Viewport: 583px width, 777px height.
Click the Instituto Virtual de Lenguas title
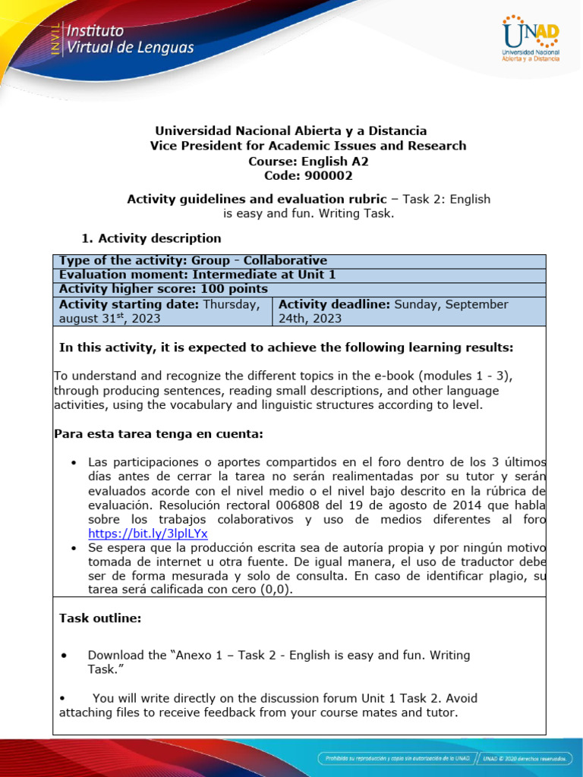pos(130,40)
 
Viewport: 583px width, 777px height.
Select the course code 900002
pos(308,175)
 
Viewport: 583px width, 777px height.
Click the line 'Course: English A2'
pos(308,161)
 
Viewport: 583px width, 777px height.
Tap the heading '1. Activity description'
pos(151,238)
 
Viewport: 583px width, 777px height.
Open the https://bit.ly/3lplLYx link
pos(148,533)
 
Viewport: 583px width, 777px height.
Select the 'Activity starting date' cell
pos(161,311)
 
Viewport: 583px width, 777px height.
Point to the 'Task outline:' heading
pos(100,618)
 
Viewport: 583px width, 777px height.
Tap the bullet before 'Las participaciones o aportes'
pos(74,462)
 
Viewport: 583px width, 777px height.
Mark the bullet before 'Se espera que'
pos(74,549)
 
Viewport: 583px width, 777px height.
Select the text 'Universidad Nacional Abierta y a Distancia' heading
pos(291,131)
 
